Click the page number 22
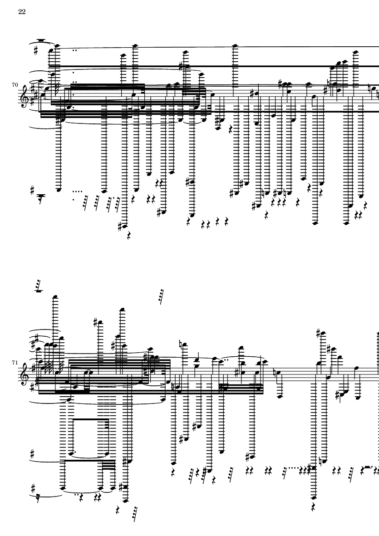click(22, 12)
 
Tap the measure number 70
click(15, 85)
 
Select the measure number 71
click(15, 362)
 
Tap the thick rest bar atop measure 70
click(41, 40)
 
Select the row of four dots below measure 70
click(78, 192)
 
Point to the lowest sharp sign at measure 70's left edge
click(33, 190)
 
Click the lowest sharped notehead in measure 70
click(124, 226)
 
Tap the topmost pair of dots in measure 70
click(74, 50)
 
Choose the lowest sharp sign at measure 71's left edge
click(33, 488)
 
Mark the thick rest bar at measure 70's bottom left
click(41, 196)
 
